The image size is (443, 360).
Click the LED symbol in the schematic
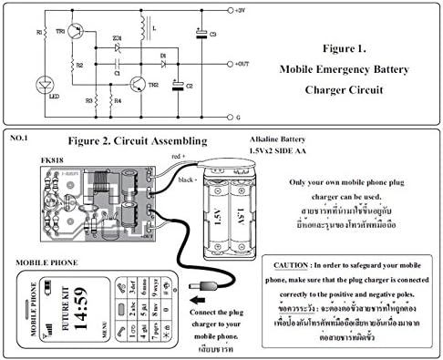tap(46, 85)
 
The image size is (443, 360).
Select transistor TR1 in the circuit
tap(74, 32)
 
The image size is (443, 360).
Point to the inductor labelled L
tap(144, 29)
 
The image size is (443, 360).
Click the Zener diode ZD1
tap(117, 46)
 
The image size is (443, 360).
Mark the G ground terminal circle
tap(227, 118)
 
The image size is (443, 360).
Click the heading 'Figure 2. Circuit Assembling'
tap(138, 140)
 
